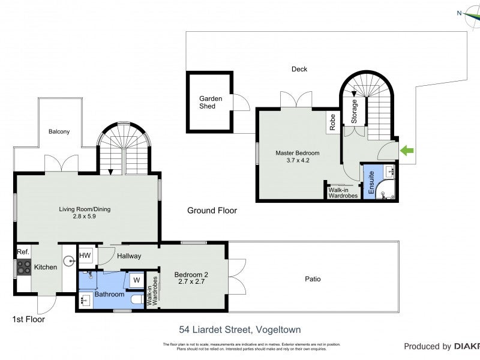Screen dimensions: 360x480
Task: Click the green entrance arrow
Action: (407, 150)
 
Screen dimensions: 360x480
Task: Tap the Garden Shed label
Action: (211, 102)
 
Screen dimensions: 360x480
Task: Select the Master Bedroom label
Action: (297, 157)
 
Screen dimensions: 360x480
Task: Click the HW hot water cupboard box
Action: (85, 256)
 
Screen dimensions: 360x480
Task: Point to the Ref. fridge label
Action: (23, 252)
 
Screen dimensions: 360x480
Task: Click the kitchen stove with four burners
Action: (23, 267)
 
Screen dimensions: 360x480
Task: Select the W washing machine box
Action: (136, 280)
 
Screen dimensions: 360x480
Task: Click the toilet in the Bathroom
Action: (137, 298)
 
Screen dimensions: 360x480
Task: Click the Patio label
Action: (312, 279)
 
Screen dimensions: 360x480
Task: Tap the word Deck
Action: (299, 69)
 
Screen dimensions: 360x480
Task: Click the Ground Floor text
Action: (212, 211)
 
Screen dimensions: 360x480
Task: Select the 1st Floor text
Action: (29, 320)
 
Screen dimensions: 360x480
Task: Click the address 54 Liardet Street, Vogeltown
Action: (240, 329)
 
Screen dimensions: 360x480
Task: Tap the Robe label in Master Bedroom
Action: (332, 122)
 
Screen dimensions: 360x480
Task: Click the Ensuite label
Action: (371, 180)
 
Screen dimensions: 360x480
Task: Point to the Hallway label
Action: (129, 256)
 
